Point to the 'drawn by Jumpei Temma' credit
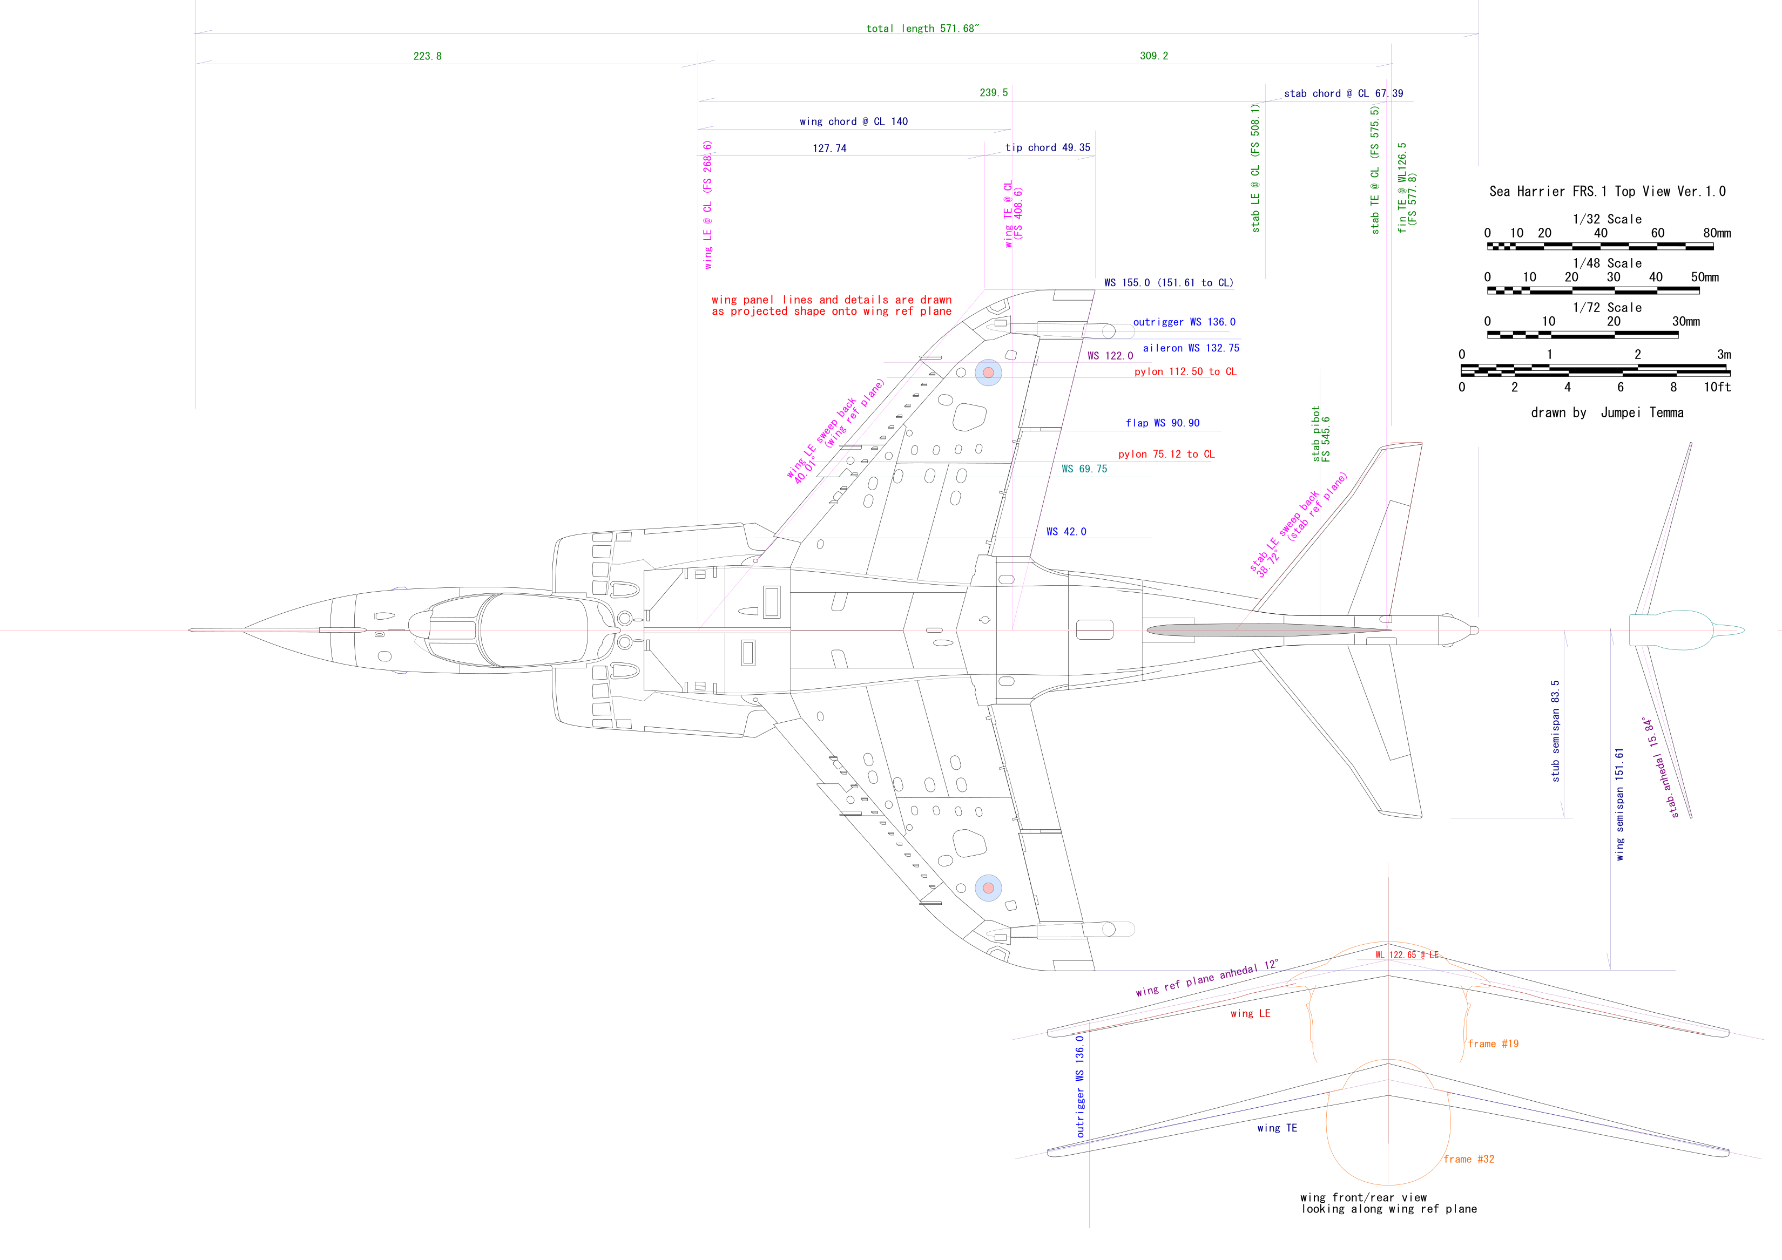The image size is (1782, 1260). [x=1606, y=413]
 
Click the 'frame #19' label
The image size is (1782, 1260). [x=1493, y=1044]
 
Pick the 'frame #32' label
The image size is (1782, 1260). [x=1468, y=1159]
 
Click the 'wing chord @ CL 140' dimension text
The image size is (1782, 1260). [x=853, y=122]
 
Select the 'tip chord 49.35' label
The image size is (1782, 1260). [x=1047, y=147]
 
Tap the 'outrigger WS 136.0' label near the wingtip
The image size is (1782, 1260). [x=1184, y=322]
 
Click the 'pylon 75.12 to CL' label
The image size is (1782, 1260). [x=1166, y=454]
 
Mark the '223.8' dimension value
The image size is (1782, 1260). [x=427, y=57]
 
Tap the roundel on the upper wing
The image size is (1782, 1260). [x=988, y=372]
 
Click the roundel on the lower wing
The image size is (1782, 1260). [x=988, y=888]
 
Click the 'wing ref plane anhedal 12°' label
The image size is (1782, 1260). [x=1206, y=979]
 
